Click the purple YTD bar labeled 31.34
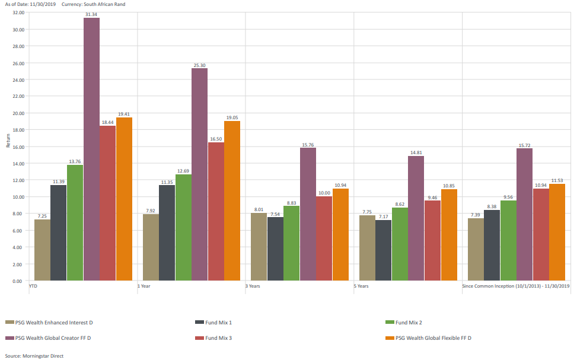[x=91, y=149]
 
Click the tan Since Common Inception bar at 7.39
[x=476, y=249]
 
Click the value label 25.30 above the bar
[x=199, y=65]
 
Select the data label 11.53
[x=557, y=181]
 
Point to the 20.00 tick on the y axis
[x=18, y=113]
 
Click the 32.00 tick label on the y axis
[x=18, y=12]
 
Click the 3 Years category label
[x=253, y=286]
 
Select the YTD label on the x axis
[x=34, y=286]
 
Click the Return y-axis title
[x=8, y=140]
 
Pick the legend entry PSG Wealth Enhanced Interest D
[x=54, y=322]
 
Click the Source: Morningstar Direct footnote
[x=33, y=356]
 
